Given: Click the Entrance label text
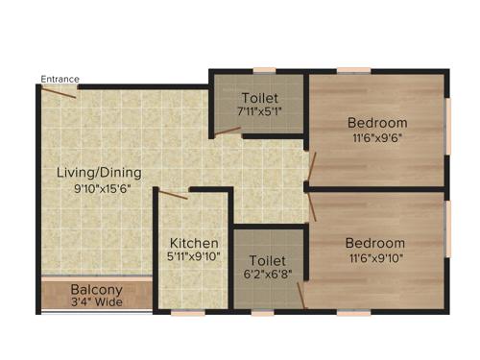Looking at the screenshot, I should pyautogui.click(x=60, y=79).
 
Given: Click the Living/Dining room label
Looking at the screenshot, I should pyautogui.click(x=99, y=173).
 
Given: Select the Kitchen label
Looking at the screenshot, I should pyautogui.click(x=195, y=244).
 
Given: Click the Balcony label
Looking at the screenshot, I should pyautogui.click(x=96, y=290).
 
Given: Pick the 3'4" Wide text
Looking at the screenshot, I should pyautogui.click(x=96, y=303).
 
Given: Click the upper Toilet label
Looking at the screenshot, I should pyautogui.click(x=260, y=97).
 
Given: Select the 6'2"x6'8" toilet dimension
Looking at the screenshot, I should pyautogui.click(x=268, y=275).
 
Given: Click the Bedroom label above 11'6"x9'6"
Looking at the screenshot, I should pyautogui.click(x=377, y=123).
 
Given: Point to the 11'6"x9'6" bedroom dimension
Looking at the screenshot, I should pyautogui.click(x=377, y=137).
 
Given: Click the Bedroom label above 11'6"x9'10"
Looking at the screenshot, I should pyautogui.click(x=375, y=243).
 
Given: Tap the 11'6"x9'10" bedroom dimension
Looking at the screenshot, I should pyautogui.click(x=375, y=258).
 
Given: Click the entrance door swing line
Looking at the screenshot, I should pyautogui.click(x=58, y=92).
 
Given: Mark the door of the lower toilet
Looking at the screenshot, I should pyautogui.click(x=299, y=293).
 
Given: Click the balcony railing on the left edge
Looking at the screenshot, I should pyautogui.click(x=40, y=295).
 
